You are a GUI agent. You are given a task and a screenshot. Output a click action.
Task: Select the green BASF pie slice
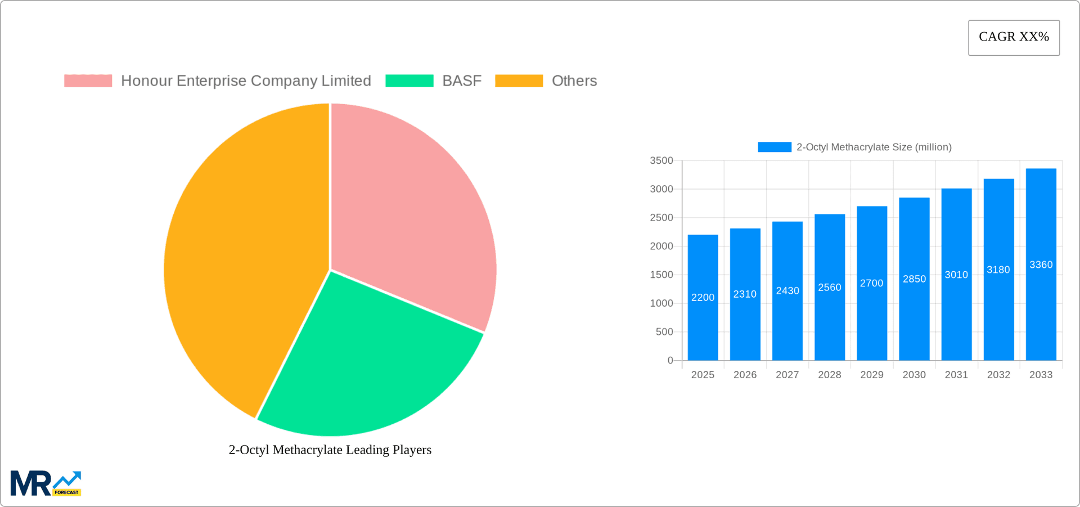pos(366,366)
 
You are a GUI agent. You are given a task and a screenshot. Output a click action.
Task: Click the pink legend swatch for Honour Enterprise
pos(88,81)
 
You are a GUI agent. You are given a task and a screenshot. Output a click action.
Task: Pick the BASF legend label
pos(462,81)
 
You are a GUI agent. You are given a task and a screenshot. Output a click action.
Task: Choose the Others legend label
pos(574,81)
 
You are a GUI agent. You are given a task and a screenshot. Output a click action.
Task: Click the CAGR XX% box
pos(1014,38)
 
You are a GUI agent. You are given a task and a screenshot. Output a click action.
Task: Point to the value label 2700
pos(871,283)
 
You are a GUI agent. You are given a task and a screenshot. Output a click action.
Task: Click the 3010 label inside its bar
pos(956,275)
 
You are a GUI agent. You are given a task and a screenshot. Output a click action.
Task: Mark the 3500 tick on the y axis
pos(661,161)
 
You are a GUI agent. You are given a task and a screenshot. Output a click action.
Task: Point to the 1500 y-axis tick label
pos(661,275)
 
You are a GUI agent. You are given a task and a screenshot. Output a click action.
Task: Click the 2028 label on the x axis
pos(829,375)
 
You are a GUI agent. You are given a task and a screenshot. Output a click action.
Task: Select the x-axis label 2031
pos(956,375)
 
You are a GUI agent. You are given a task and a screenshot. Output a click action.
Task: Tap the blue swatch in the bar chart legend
pos(774,147)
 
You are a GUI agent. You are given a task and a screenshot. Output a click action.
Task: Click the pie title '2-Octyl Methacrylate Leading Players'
pos(330,450)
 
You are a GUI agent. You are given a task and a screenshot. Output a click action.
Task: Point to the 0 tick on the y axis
pos(670,360)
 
